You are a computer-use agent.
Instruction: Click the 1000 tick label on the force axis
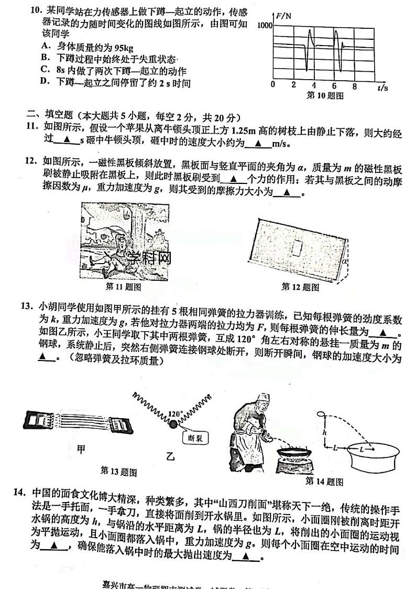pyautogui.click(x=264, y=25)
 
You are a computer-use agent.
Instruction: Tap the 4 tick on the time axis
pyautogui.click(x=314, y=85)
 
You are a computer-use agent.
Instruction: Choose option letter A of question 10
pyautogui.click(x=45, y=46)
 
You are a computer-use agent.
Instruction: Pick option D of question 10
pyautogui.click(x=45, y=82)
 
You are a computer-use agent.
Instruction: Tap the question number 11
pyautogui.click(x=32, y=126)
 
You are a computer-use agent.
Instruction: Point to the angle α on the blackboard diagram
pyautogui.click(x=344, y=258)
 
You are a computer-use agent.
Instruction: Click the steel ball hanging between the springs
pyautogui.click(x=173, y=424)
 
